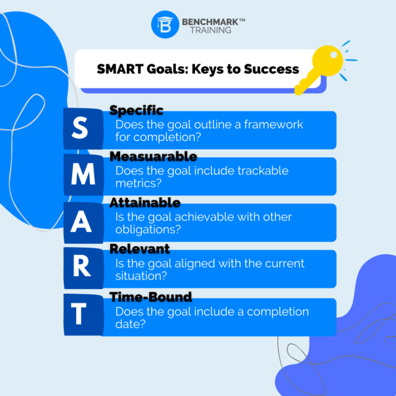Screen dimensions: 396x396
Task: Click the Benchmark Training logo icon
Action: coord(165,25)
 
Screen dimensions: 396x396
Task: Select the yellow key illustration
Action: coord(321,67)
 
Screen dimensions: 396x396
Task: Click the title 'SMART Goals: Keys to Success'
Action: coord(198,69)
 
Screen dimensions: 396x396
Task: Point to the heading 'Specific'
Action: coord(136,111)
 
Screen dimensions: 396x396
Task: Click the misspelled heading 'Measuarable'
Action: coord(153,157)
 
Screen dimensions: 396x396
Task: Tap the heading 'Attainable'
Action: coord(145,203)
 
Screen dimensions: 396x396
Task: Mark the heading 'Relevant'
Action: coord(139,249)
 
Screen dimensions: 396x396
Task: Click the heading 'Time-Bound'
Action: coord(150,297)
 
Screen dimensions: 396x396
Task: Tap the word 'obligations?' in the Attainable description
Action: coord(147,230)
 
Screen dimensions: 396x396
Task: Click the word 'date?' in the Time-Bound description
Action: coord(130,324)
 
